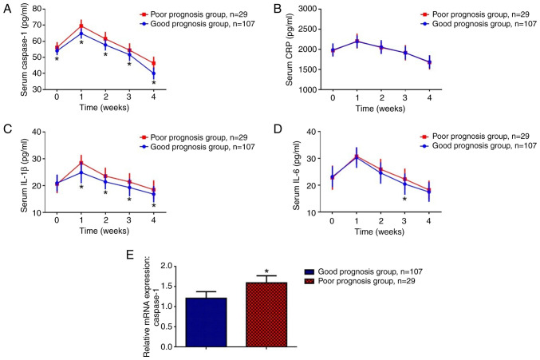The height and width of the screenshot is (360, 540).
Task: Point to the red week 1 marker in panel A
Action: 81,26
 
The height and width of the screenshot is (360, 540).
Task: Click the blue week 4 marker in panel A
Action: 153,74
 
